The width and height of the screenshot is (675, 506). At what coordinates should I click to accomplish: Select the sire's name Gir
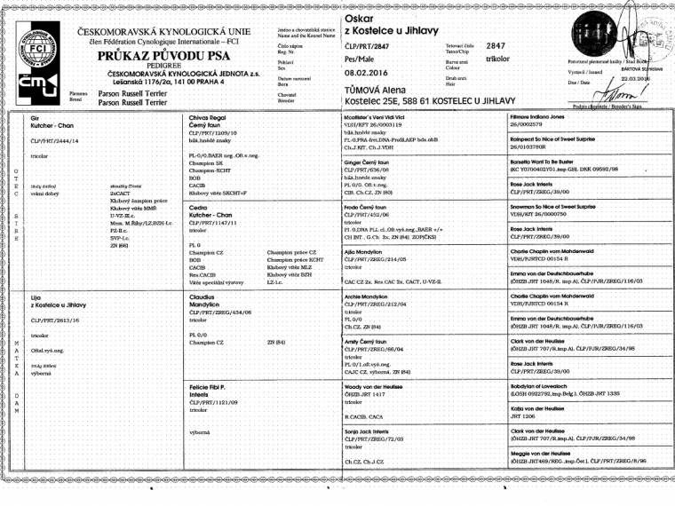point(35,118)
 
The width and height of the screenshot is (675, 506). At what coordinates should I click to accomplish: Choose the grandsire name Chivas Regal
point(206,118)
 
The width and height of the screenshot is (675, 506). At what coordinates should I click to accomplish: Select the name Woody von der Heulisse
point(381,386)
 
